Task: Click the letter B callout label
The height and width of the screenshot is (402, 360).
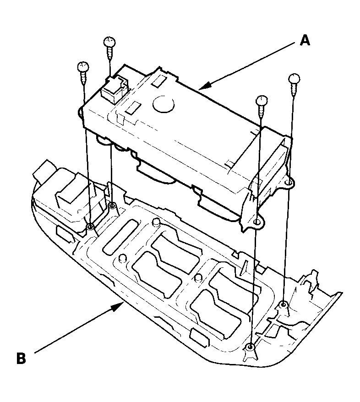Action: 21,358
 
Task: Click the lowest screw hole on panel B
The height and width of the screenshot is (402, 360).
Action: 250,348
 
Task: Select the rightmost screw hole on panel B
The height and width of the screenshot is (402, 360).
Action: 284,304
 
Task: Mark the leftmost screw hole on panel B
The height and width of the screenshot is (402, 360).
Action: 90,227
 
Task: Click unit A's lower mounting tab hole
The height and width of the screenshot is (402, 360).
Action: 257,223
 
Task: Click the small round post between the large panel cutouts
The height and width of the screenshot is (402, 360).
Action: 198,277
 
